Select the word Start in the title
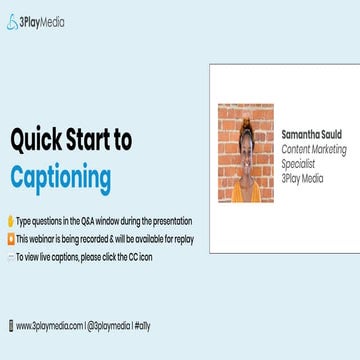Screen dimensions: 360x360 [x=94, y=140]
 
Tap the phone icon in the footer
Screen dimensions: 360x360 [x=9, y=325]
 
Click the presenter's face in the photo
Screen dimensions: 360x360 [x=245, y=145]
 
